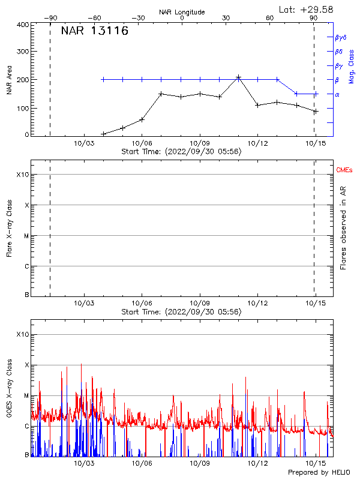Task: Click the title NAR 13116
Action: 95,32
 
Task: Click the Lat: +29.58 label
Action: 307,9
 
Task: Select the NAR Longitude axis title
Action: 182,12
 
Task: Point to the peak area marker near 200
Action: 238,77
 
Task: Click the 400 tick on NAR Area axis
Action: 23,25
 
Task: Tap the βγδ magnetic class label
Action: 340,37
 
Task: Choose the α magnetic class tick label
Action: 337,94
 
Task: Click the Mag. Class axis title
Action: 352,66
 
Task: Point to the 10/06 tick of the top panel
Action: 142,143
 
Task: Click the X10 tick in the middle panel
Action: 23,175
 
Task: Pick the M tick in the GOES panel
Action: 26,396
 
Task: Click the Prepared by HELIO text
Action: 319,473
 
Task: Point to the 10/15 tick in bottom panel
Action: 314,463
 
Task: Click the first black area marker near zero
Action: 103,134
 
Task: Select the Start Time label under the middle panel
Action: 181,312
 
